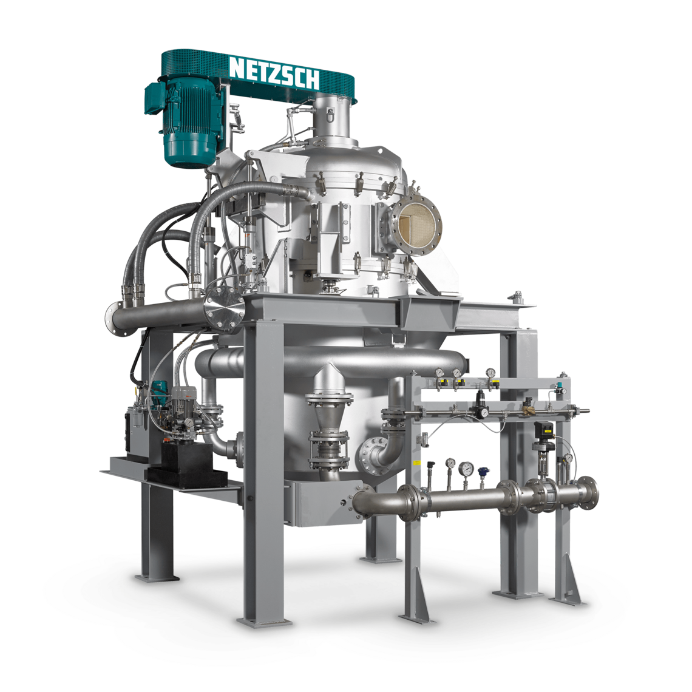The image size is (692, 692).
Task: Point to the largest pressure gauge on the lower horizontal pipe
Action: [466, 468]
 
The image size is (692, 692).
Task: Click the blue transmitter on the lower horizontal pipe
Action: [483, 471]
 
